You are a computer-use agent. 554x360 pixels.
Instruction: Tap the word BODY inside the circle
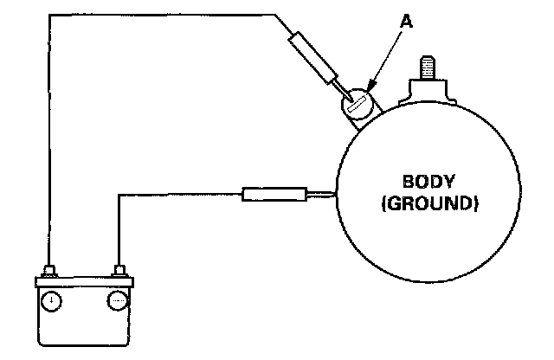[421, 184]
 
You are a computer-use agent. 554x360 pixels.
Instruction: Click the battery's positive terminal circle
[53, 301]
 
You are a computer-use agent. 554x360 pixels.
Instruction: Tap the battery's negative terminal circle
[117, 301]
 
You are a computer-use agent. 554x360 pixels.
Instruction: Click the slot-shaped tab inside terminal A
[354, 108]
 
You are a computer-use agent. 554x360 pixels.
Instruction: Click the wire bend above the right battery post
[119, 196]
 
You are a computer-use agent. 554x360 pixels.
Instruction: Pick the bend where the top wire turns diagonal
[274, 15]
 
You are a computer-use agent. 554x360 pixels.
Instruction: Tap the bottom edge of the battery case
[85, 342]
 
